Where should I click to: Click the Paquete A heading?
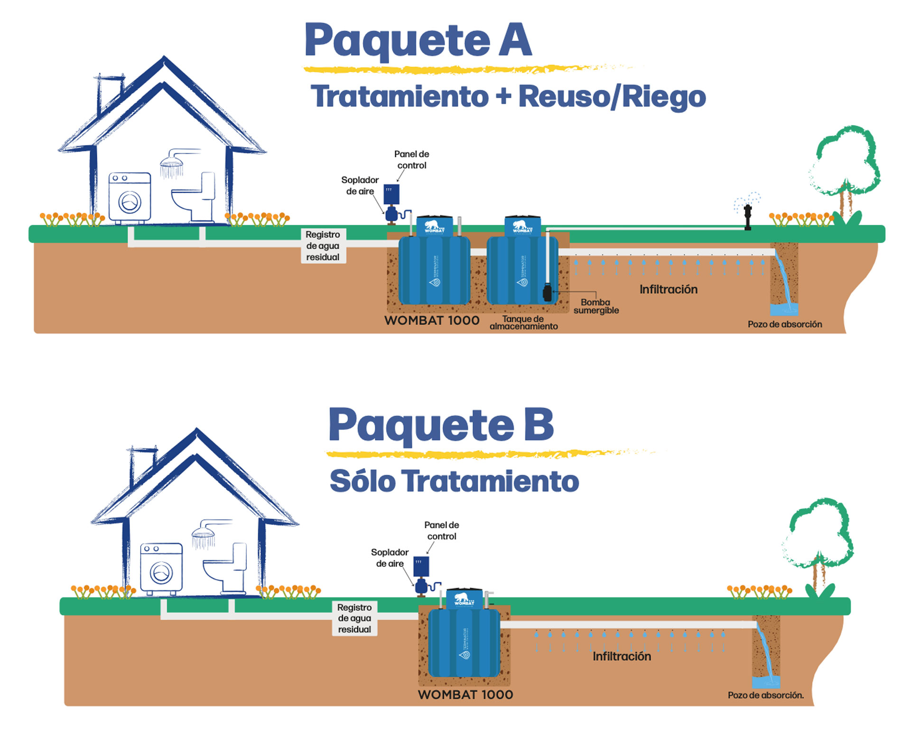click(x=418, y=40)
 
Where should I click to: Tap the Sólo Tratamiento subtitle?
click(x=454, y=481)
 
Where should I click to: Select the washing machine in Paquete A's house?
click(x=130, y=198)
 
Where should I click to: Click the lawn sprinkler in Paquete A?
click(x=748, y=216)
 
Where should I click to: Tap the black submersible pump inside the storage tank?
click(x=547, y=292)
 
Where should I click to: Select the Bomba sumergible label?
click(x=596, y=306)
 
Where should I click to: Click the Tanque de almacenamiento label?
click(x=523, y=323)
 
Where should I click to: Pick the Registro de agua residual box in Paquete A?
click(x=323, y=246)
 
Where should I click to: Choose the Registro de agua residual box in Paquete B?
click(x=354, y=618)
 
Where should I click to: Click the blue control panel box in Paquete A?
click(x=391, y=194)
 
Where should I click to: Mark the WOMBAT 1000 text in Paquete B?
click(x=465, y=694)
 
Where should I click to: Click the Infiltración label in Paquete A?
click(x=668, y=290)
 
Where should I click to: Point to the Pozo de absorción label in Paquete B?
click(x=765, y=695)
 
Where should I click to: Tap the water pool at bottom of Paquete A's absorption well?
click(x=784, y=310)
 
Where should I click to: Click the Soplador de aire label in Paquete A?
click(x=360, y=186)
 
